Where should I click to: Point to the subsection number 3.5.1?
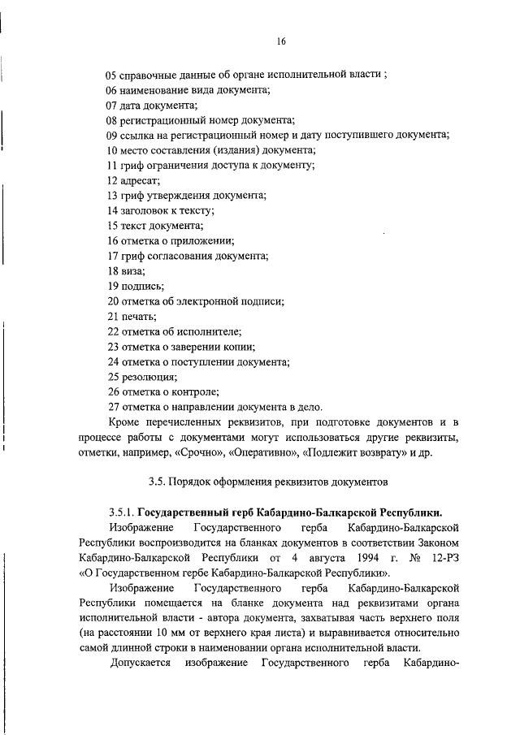(x=121, y=513)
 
